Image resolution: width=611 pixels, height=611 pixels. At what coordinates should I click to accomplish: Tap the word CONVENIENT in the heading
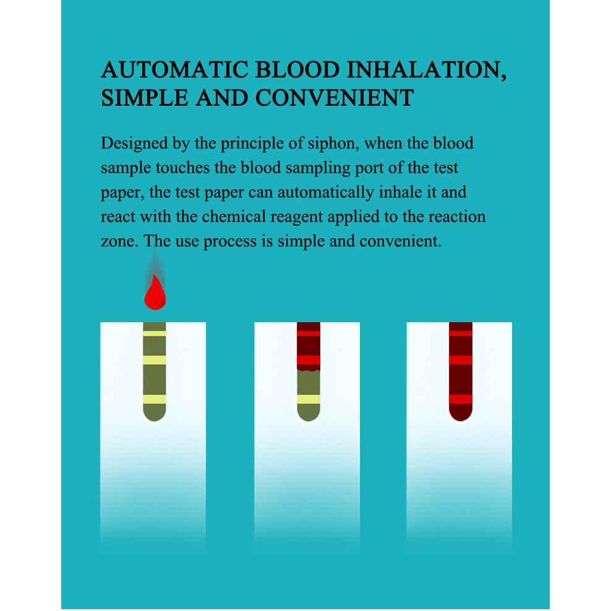click(x=334, y=98)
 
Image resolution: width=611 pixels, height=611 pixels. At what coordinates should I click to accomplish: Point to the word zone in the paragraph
click(x=116, y=241)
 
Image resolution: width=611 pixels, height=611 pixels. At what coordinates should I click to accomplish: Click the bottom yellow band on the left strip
click(x=155, y=399)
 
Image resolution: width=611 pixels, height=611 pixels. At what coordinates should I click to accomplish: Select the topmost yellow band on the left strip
click(x=155, y=333)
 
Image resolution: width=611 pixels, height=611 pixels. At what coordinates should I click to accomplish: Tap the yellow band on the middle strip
click(x=309, y=399)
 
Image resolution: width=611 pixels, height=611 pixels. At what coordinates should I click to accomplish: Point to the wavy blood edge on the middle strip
click(x=309, y=369)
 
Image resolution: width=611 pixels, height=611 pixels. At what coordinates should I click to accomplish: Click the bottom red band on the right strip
click(x=461, y=399)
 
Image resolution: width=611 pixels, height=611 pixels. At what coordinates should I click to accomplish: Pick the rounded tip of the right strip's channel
click(x=461, y=415)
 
